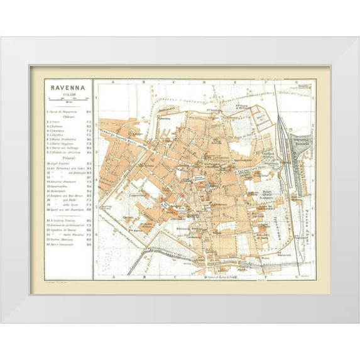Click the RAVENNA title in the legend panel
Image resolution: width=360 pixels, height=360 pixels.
coord(68,87)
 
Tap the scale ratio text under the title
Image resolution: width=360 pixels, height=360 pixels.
coord(68,94)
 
